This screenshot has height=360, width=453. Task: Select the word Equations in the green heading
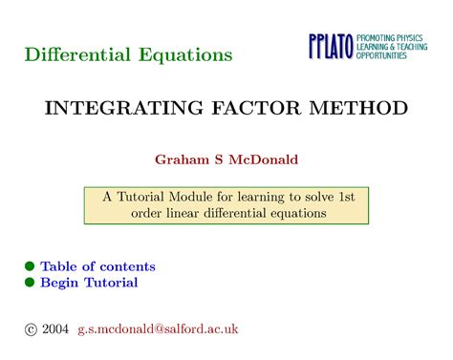click(181, 54)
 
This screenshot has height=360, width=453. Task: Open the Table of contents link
click(97, 266)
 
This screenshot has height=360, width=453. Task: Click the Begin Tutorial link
click(89, 283)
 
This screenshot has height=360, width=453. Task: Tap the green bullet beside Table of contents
click(30, 266)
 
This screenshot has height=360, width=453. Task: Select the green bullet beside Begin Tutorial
click(30, 283)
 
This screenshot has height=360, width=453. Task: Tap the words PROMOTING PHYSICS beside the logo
click(394, 35)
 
